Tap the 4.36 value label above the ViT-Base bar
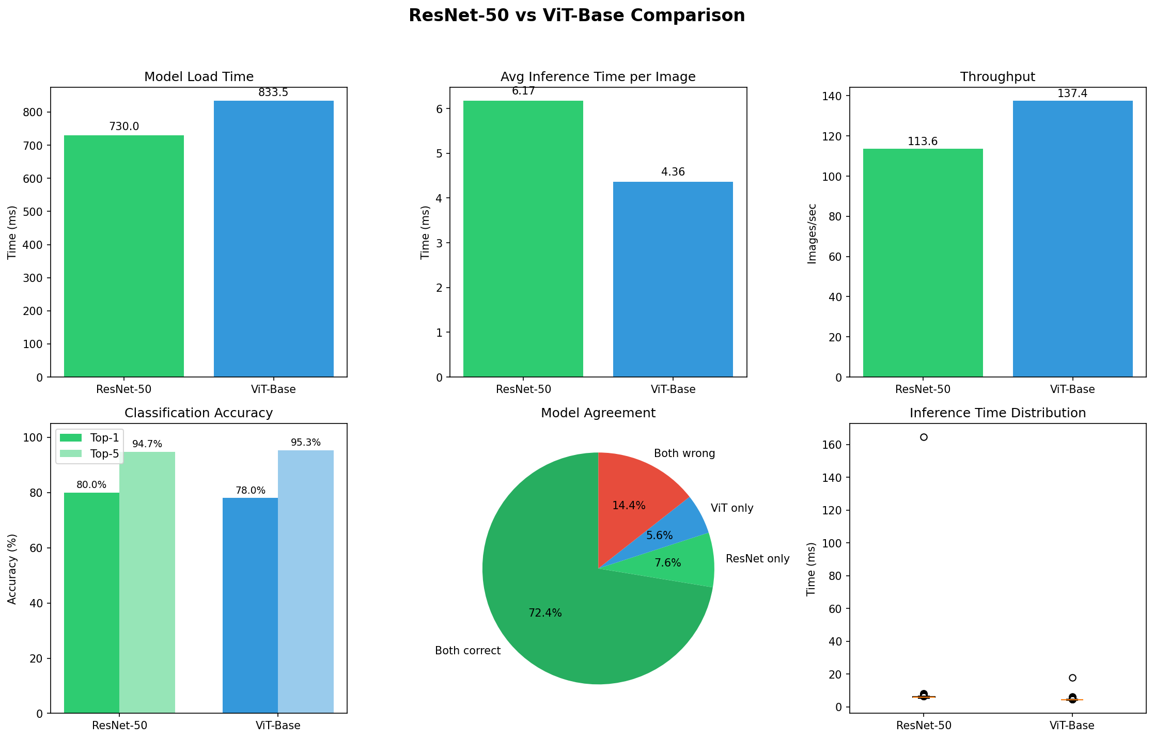click(673, 172)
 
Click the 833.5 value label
click(273, 93)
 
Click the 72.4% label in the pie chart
click(545, 613)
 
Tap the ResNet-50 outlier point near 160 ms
click(924, 437)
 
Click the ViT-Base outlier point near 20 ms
click(1072, 678)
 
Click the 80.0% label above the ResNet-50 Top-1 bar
click(91, 485)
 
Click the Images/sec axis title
click(812, 233)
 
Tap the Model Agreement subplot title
click(598, 413)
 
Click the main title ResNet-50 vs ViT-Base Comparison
click(576, 15)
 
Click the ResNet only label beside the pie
click(757, 559)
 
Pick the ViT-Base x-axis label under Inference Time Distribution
click(1072, 725)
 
